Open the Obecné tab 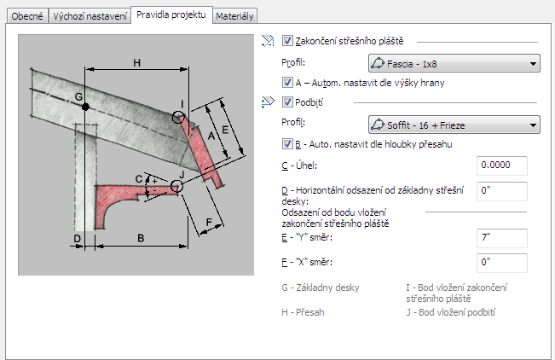(x=27, y=16)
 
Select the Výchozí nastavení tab (x=90, y=16)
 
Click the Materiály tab (x=234, y=16)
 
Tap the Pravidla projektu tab (x=171, y=15)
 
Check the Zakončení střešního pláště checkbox (x=287, y=41)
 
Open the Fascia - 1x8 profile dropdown (x=454, y=63)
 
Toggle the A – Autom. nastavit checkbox (x=287, y=83)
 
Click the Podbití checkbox (x=287, y=102)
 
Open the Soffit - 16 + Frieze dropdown (x=454, y=125)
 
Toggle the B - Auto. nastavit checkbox (x=287, y=144)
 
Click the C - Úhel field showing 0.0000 (x=502, y=165)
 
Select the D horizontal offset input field (x=502, y=191)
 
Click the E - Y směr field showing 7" (x=502, y=238)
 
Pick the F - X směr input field (x=502, y=263)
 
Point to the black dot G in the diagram (x=85, y=107)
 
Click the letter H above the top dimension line (x=137, y=63)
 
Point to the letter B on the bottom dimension (x=141, y=238)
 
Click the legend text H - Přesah (x=303, y=312)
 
